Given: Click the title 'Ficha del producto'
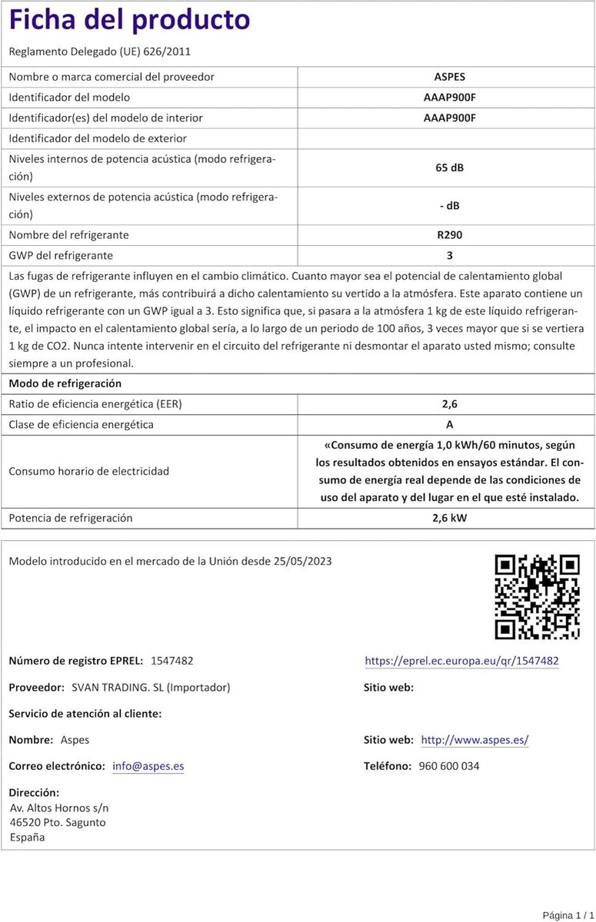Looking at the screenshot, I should pyautogui.click(x=129, y=20).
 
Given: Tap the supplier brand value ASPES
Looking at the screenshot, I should pyautogui.click(x=449, y=77).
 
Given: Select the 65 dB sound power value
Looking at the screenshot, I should pyautogui.click(x=449, y=167).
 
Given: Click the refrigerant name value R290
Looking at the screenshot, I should pyautogui.click(x=449, y=235).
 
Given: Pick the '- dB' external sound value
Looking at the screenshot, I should pyautogui.click(x=449, y=206).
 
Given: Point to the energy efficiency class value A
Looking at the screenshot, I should pyautogui.click(x=449, y=425).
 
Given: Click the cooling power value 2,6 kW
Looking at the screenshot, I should pyautogui.click(x=449, y=518).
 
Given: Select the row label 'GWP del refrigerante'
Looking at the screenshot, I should pyautogui.click(x=61, y=255).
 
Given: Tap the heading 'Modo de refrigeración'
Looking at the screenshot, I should pyautogui.click(x=65, y=383).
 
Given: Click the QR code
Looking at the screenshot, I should pyautogui.click(x=536, y=597).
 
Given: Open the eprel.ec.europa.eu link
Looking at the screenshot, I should pyautogui.click(x=461, y=661).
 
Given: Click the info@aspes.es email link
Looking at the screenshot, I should pyautogui.click(x=148, y=766).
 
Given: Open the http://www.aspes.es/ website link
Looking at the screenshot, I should pyautogui.click(x=474, y=740).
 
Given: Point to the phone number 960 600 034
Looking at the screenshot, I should pyautogui.click(x=449, y=766).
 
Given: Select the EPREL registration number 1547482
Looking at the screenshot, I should pyautogui.click(x=172, y=661).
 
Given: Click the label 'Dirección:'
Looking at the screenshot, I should pyautogui.click(x=33, y=792).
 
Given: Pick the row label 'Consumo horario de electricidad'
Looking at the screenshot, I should pyautogui.click(x=88, y=471).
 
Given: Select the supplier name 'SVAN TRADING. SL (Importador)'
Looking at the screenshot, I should pyautogui.click(x=150, y=687).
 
